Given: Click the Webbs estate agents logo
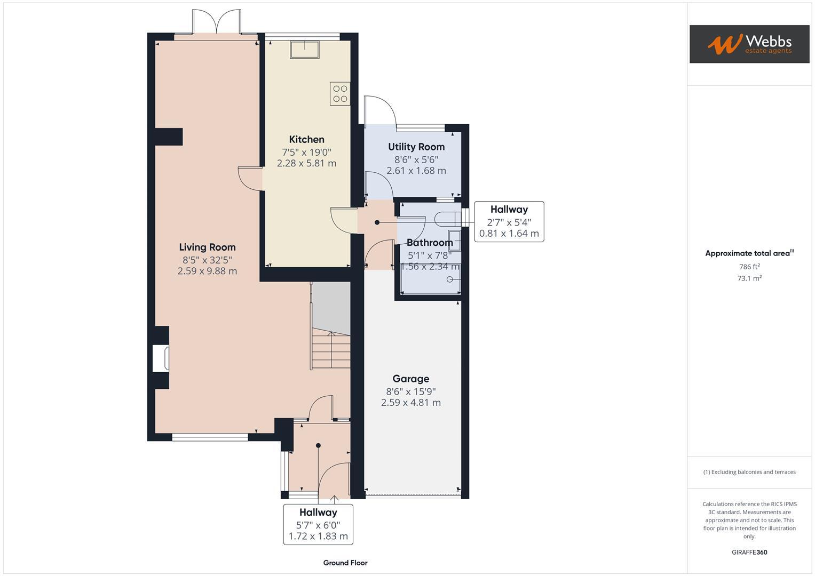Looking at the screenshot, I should click(x=749, y=44).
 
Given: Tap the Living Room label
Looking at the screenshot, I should click(x=207, y=247).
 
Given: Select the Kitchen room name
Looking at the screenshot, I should click(x=306, y=139).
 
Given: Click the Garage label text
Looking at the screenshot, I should click(x=410, y=379).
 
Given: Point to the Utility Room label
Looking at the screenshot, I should click(x=416, y=147).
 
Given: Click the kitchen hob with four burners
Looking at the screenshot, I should click(x=340, y=94).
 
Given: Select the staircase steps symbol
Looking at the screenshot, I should click(x=331, y=349).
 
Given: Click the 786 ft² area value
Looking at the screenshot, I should click(x=749, y=267).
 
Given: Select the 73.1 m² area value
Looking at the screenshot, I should click(x=749, y=278).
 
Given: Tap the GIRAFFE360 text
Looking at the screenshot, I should click(x=749, y=552).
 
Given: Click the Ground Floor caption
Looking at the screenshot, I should click(x=345, y=563).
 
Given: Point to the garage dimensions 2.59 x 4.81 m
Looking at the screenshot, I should click(x=410, y=403).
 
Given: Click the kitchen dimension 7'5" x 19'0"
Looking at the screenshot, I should click(x=306, y=152).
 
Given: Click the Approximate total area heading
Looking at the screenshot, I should click(x=749, y=253).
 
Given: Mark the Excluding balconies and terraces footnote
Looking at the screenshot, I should click(x=749, y=472).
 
